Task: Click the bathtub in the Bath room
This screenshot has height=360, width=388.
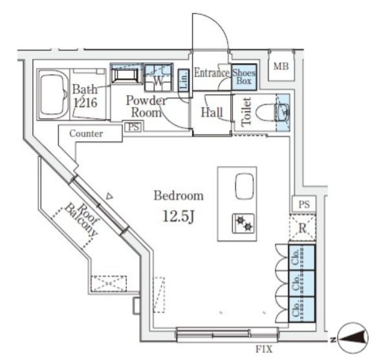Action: [x=54, y=94]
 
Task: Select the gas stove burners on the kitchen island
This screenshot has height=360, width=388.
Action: [x=243, y=224]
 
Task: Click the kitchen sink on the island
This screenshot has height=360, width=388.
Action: [x=244, y=186]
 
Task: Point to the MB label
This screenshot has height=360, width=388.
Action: [x=281, y=67]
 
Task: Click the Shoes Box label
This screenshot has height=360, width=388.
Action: [x=244, y=77]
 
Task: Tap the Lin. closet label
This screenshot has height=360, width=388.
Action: [x=184, y=80]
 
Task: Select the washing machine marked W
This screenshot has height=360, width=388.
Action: [x=158, y=78]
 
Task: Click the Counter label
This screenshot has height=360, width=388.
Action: [x=86, y=134]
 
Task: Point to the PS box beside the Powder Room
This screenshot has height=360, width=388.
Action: [x=134, y=127]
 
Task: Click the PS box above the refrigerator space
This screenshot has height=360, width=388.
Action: [x=304, y=204]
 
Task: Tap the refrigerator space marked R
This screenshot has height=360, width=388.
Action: [x=303, y=228]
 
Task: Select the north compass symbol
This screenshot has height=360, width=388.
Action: [x=352, y=338]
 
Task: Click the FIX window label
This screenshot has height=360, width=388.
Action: [x=264, y=349]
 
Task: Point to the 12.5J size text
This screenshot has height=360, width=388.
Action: [x=178, y=217]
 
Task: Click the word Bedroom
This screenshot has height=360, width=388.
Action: [x=178, y=196]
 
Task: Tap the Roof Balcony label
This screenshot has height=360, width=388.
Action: [x=81, y=220]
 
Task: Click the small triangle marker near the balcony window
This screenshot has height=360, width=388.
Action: [x=109, y=196]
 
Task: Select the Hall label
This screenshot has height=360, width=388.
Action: [x=212, y=112]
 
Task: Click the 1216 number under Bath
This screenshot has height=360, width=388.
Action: [x=85, y=102]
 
